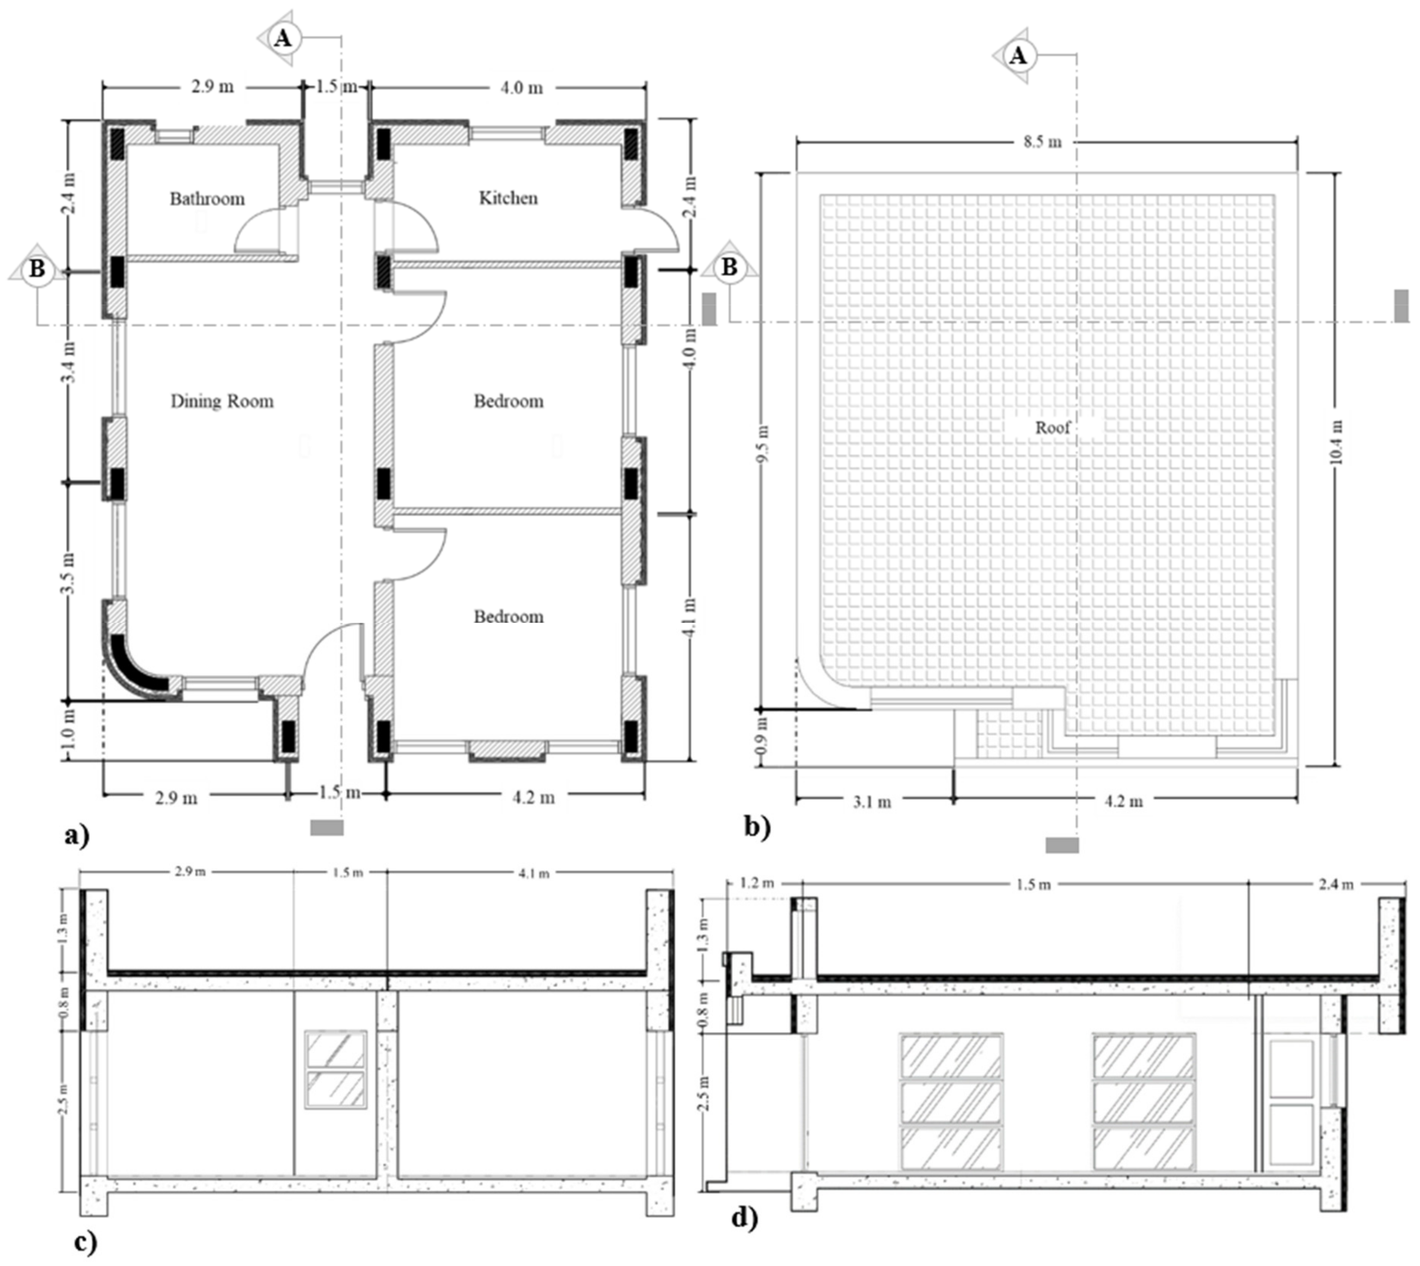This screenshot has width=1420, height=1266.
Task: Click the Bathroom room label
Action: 207,199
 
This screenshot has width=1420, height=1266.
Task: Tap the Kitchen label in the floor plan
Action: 508,198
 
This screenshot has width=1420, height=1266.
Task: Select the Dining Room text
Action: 222,401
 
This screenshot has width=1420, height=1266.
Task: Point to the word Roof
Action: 1052,427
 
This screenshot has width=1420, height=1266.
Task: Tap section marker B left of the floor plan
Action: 36,269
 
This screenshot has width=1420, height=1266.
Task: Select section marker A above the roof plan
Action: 1017,56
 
